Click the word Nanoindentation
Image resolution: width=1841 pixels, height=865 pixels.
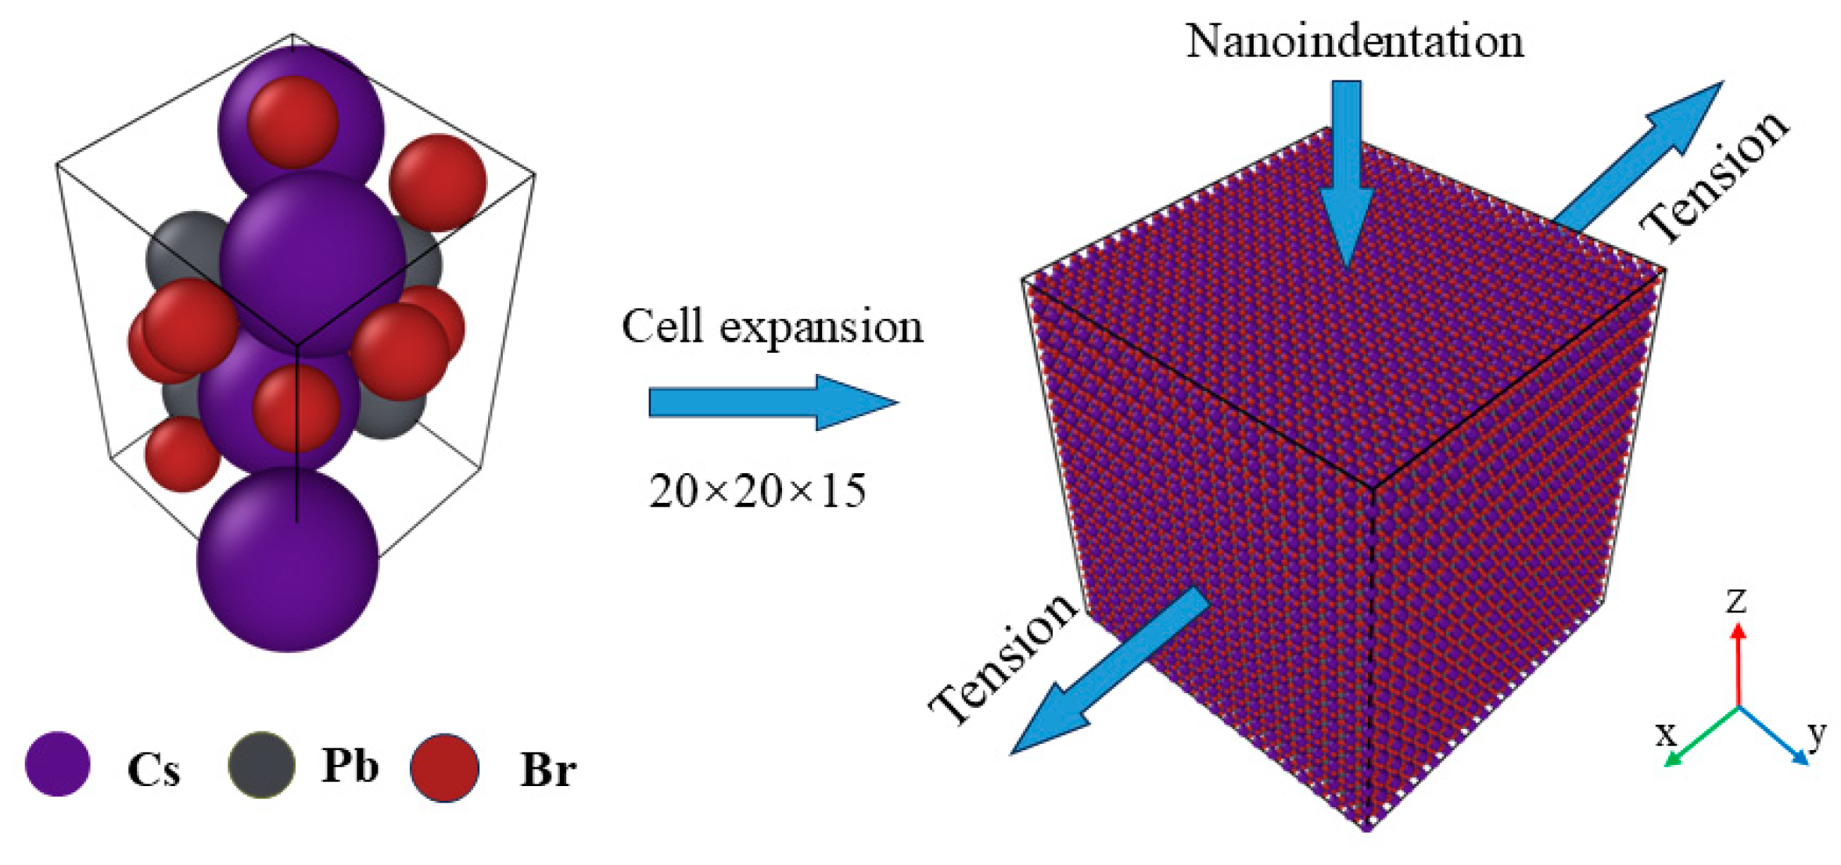(1355, 41)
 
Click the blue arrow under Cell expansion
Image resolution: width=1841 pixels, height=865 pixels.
(773, 402)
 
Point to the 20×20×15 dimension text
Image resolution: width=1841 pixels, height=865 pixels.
(757, 492)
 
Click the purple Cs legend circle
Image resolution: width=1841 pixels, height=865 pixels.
(58, 764)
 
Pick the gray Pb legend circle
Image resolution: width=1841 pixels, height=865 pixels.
(261, 765)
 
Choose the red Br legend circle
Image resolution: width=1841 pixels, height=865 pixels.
(444, 767)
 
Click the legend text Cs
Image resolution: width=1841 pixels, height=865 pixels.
(153, 770)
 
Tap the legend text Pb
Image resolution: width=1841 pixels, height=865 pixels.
(350, 766)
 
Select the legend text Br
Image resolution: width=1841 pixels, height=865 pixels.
(548, 770)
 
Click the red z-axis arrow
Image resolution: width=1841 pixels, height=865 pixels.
(1738, 664)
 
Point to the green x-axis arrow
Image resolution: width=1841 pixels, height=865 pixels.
(1700, 737)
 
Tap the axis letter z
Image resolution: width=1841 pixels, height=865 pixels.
(1735, 601)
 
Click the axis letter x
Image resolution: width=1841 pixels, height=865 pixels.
(1667, 734)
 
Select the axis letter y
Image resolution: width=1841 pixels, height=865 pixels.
(1817, 733)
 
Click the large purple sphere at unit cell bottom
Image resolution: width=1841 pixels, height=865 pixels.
(287, 560)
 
